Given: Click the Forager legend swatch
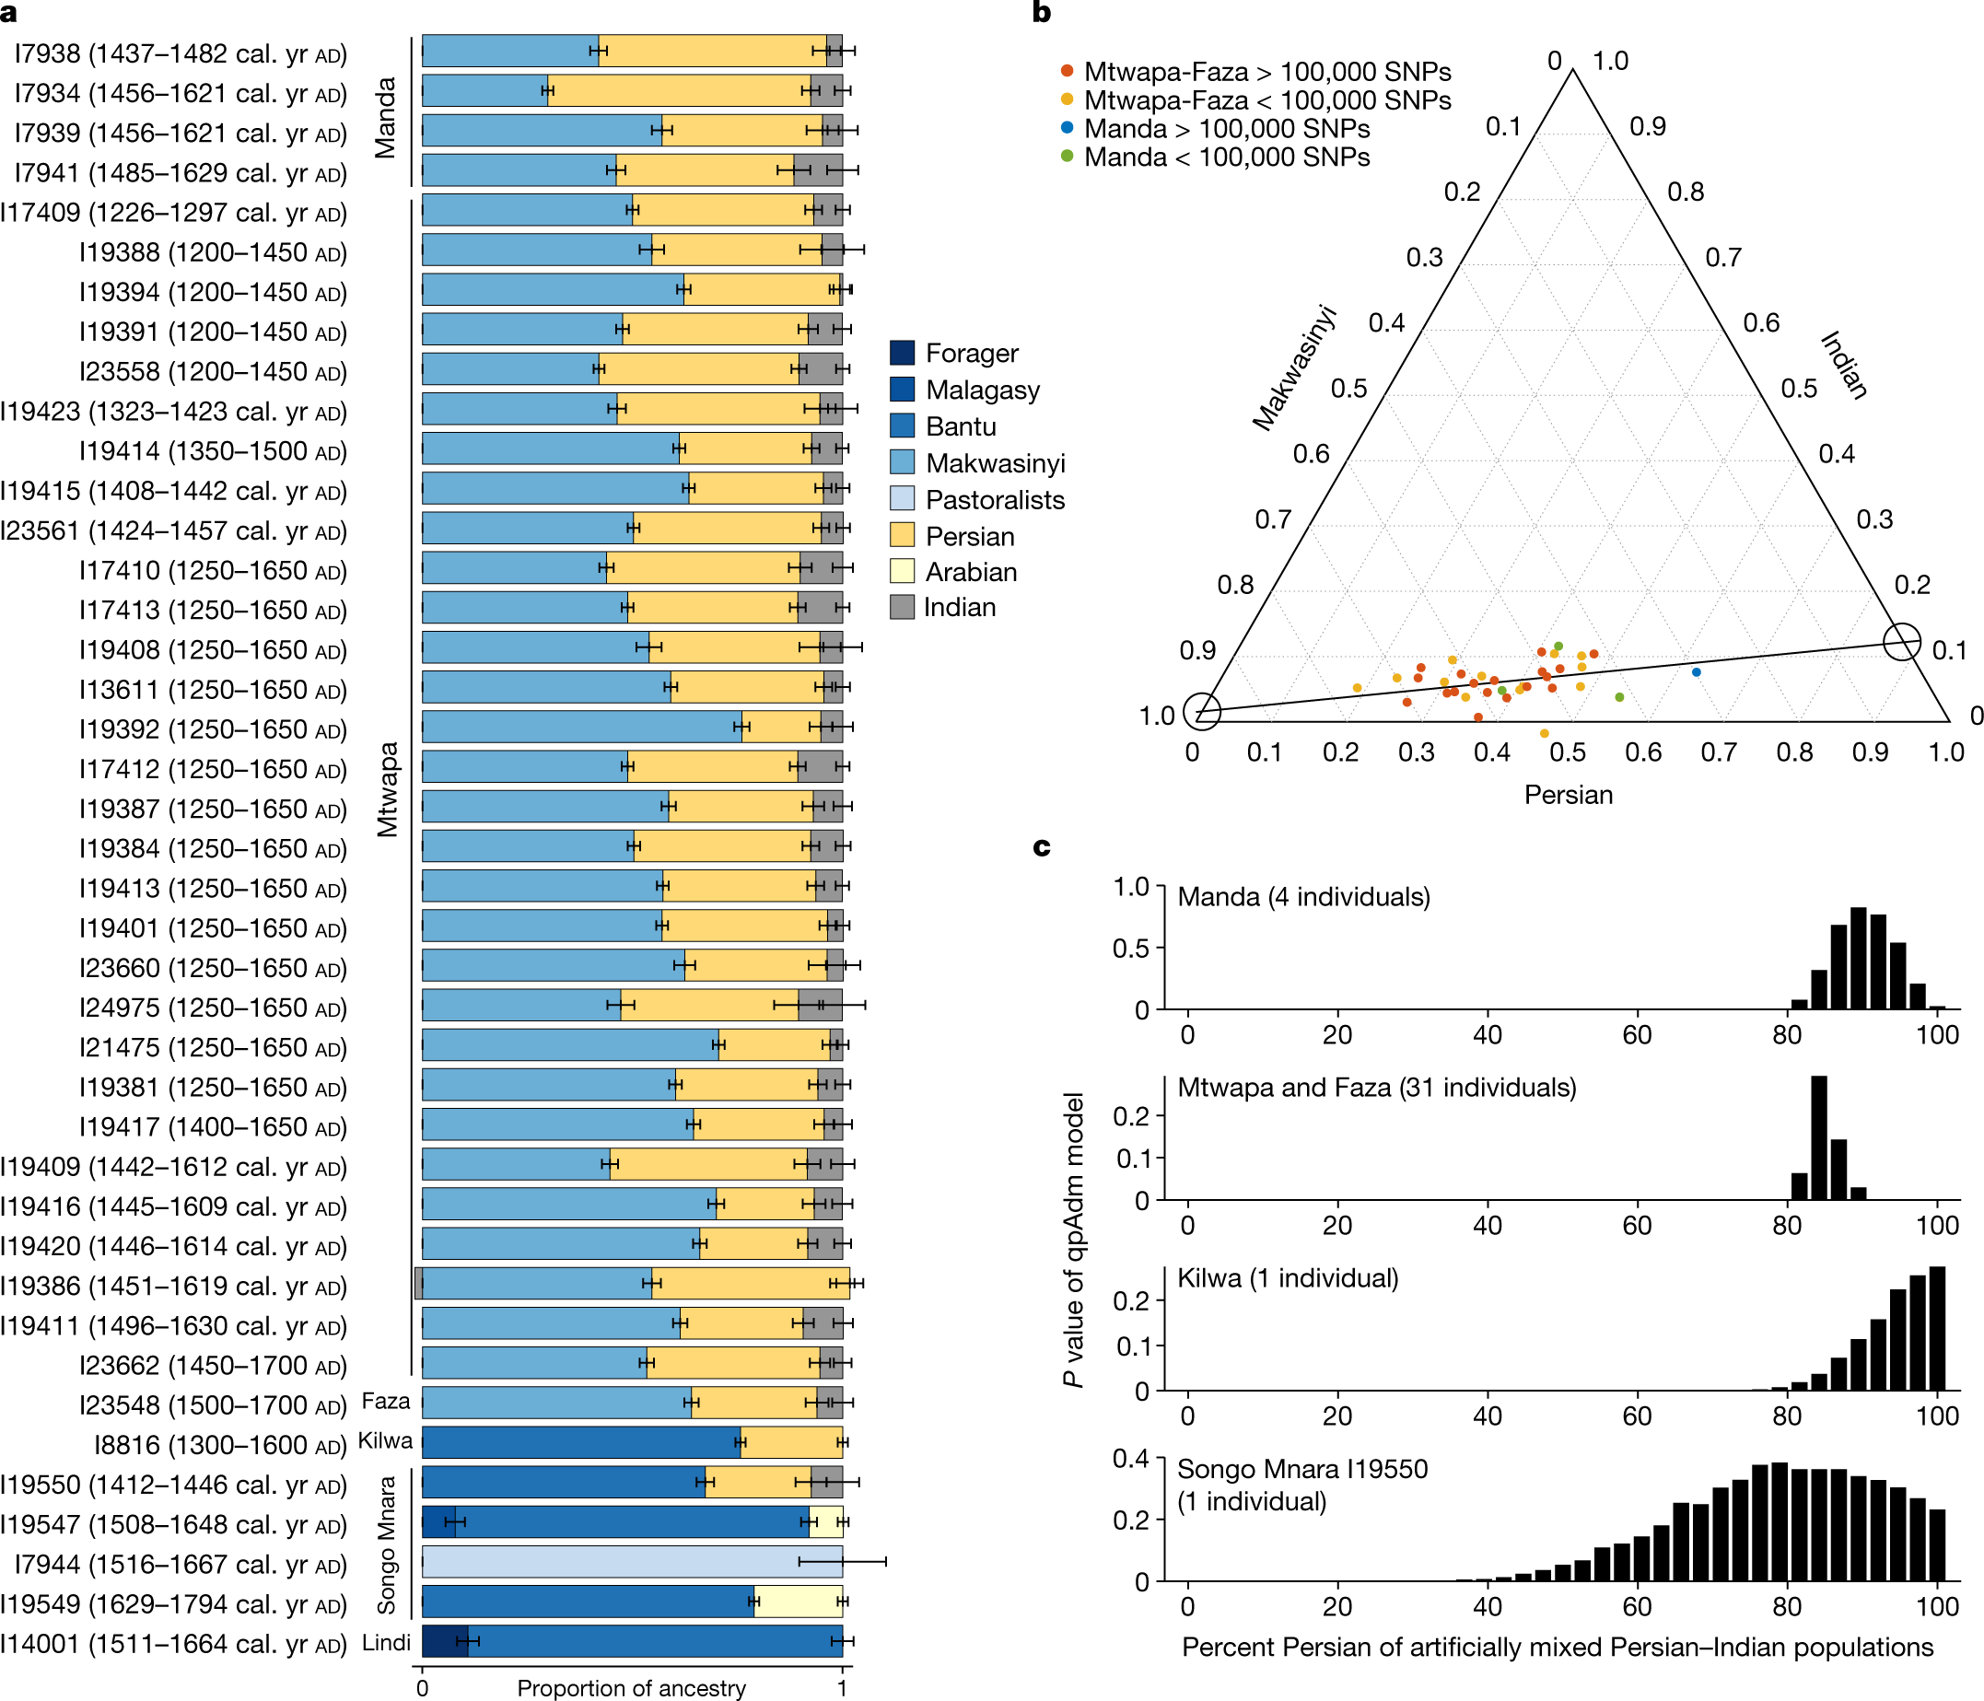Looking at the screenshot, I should tap(902, 354).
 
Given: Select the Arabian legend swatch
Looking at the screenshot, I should tap(902, 572).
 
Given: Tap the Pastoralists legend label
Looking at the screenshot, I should tap(995, 500).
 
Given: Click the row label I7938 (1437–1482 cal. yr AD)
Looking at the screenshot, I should tap(180, 53).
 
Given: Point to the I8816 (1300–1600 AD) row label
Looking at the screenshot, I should tap(220, 1444).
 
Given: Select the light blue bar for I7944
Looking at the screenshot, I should tap(632, 1562).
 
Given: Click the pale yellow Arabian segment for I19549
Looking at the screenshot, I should tap(799, 1602).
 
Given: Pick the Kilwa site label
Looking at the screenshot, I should tap(385, 1440).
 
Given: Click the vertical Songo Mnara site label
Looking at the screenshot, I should tap(386, 1544).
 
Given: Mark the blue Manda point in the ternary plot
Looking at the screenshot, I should tap(1697, 672).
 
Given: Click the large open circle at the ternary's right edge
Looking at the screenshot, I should tap(1902, 641).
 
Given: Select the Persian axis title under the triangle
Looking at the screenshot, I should tap(1569, 795).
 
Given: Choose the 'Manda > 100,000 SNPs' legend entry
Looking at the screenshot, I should tap(1226, 129).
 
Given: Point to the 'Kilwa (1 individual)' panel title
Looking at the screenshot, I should tap(1288, 1278).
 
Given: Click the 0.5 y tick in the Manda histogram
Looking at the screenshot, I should tap(1131, 948).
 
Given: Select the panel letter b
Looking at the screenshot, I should tap(1042, 13).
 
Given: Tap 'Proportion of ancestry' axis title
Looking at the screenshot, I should tap(631, 1687).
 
